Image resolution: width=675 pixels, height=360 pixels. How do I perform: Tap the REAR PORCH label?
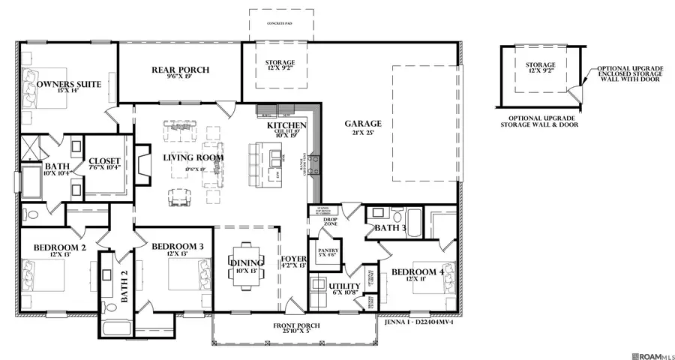(180, 70)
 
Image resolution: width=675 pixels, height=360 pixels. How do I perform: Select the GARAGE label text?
(363, 124)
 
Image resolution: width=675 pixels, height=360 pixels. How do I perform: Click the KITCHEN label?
(286, 125)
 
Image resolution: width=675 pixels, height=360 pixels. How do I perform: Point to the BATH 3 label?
(390, 227)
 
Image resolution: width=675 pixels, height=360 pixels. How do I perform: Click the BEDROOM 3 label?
(178, 247)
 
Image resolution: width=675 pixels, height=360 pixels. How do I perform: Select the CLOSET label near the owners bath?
(105, 160)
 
